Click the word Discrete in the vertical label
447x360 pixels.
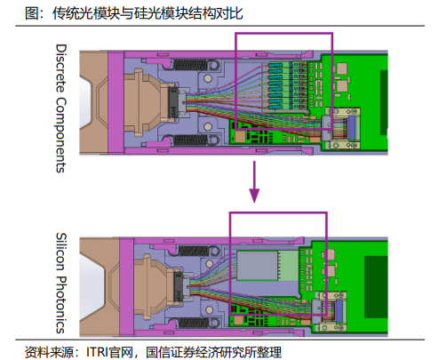(61, 68)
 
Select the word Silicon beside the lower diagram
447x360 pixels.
(61, 252)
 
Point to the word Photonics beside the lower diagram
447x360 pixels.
(61, 305)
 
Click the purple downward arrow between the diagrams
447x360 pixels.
(254, 182)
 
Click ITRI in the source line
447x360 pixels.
(97, 352)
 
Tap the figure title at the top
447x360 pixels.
(134, 13)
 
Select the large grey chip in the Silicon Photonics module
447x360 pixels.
(258, 266)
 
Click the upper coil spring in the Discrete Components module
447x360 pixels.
(190, 65)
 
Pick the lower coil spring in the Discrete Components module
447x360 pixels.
(190, 140)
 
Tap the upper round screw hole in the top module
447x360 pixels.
(208, 78)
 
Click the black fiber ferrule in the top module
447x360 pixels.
(172, 102)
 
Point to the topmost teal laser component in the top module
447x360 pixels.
(276, 66)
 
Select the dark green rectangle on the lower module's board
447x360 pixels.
(376, 287)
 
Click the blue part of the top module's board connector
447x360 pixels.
(352, 127)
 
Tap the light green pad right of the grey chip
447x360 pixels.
(289, 266)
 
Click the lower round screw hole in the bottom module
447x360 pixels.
(210, 310)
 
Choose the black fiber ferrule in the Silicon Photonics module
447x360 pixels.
(179, 286)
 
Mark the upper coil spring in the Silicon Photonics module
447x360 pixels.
(195, 251)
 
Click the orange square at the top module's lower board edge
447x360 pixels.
(240, 136)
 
